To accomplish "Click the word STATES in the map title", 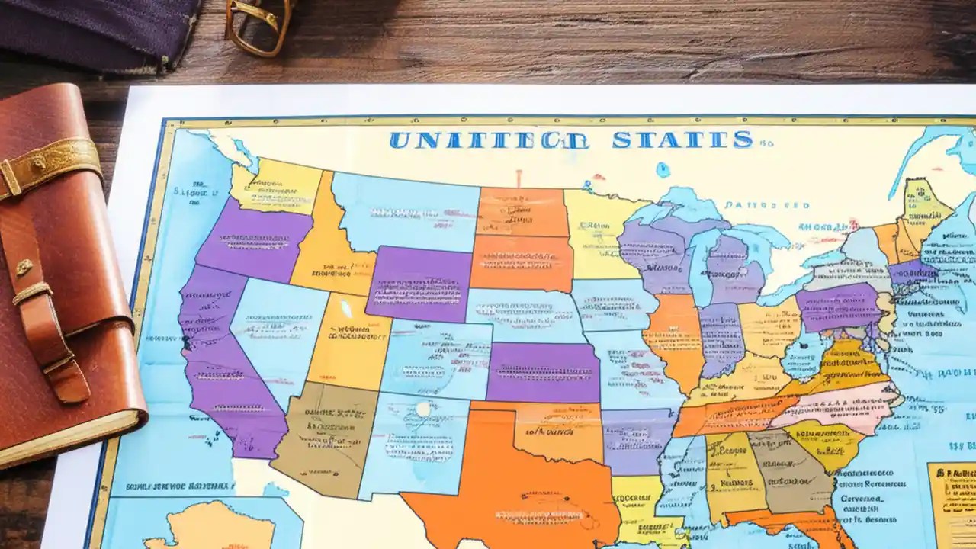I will point(682,140).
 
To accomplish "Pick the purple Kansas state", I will point(543,372).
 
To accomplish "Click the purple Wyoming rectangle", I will point(419,283).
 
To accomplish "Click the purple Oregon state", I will point(255,240).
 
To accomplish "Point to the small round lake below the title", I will point(663,170).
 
